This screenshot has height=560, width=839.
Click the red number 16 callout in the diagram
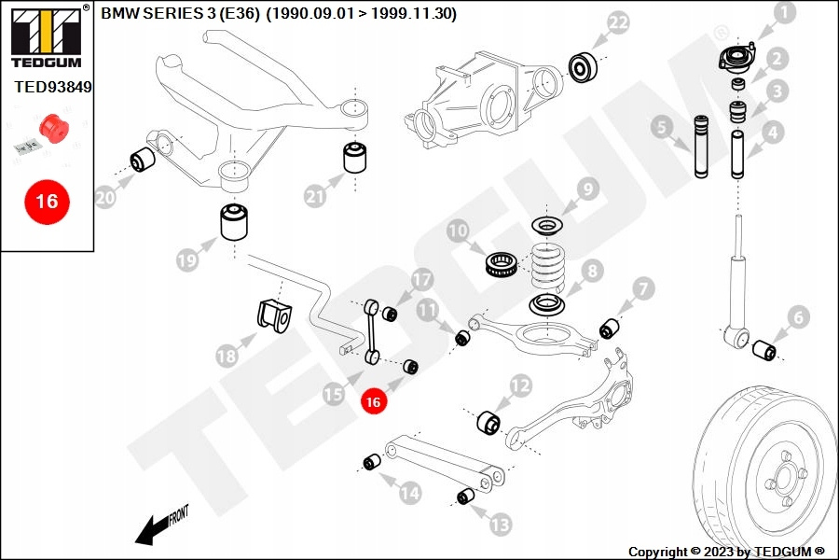pyautogui.click(x=373, y=401)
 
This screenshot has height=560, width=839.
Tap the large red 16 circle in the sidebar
pyautogui.click(x=48, y=202)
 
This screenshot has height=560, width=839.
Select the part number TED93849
pyautogui.click(x=53, y=87)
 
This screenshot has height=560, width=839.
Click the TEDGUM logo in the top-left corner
pyautogui.click(x=47, y=37)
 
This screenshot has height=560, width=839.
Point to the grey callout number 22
pyautogui.click(x=619, y=23)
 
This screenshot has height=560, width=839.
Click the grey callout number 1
pyautogui.click(x=785, y=13)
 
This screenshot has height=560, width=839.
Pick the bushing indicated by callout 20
pyautogui.click(x=143, y=160)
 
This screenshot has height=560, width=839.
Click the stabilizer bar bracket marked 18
pyautogui.click(x=274, y=317)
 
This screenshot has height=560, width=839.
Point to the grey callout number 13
pyautogui.click(x=501, y=525)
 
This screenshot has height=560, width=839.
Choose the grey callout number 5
pyautogui.click(x=663, y=128)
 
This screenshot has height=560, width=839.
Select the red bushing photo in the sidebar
pyautogui.click(x=55, y=129)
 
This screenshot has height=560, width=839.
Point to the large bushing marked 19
pyautogui.click(x=234, y=222)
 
